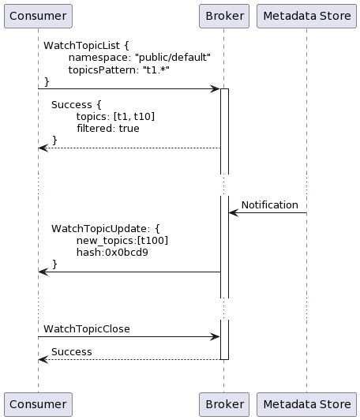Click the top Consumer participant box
coord(38,16)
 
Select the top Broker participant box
coord(224,16)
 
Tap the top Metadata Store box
coord(306,16)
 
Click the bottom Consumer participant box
coord(38,404)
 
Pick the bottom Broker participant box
coord(224,404)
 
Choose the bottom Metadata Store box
coord(306,404)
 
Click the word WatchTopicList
coord(81,46)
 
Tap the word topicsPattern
coord(103,70)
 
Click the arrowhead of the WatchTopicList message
coord(215,88)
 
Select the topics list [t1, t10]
coord(134,117)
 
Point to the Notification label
coord(270,205)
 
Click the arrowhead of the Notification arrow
coord(234,213)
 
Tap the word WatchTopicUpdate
coord(99,228)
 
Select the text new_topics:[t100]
coord(122,241)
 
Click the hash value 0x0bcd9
coord(126,253)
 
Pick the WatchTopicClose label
coord(87,329)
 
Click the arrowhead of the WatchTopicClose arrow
coord(215,336)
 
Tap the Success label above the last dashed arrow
coord(72,351)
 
